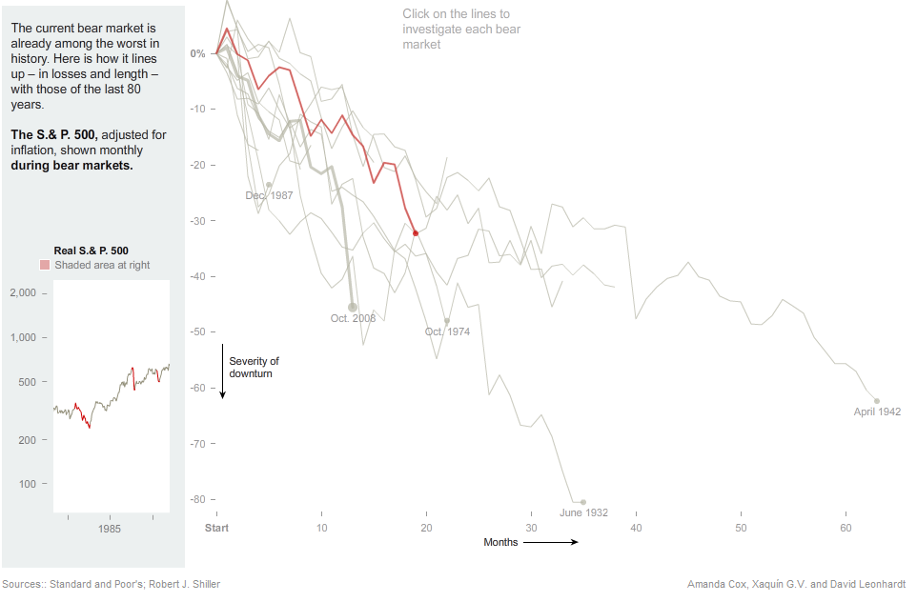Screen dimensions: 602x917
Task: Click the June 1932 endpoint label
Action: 583,512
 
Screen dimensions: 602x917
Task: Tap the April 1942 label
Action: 877,412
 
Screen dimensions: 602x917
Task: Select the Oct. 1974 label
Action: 447,331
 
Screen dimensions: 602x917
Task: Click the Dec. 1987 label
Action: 269,195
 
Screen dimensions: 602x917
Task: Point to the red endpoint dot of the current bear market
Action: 416,233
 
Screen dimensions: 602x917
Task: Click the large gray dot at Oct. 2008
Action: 353,307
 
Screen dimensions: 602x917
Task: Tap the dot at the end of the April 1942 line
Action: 877,401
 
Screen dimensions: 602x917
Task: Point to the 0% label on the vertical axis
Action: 197,53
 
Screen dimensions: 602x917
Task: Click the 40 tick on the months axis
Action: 636,528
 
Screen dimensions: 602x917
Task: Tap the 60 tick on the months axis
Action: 846,528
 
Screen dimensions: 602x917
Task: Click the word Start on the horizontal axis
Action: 217,528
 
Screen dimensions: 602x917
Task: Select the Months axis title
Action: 500,542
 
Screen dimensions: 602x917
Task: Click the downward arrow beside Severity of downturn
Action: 222,371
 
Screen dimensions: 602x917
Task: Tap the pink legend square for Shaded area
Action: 45,265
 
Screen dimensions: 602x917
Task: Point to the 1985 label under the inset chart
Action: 109,528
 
